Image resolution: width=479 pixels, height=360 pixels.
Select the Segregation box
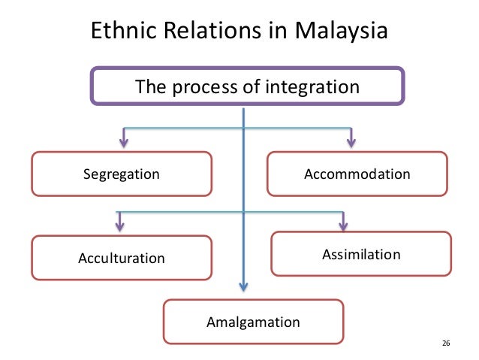point(121,174)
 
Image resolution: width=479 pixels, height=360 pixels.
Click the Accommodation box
point(357,174)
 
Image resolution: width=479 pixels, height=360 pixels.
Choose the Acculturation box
point(121,258)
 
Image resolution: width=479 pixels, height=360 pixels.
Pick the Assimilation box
point(361,254)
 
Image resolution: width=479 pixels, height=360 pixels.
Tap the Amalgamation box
point(253,322)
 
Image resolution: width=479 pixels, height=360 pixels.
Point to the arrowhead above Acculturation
point(119,225)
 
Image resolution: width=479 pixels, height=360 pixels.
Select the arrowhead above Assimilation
point(343,224)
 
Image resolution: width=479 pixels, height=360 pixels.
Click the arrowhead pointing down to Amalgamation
point(243,286)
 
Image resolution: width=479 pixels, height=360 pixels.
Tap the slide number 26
point(445,343)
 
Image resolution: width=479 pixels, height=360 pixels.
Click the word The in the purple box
point(149,87)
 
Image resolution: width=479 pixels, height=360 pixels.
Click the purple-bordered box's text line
point(247,87)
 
